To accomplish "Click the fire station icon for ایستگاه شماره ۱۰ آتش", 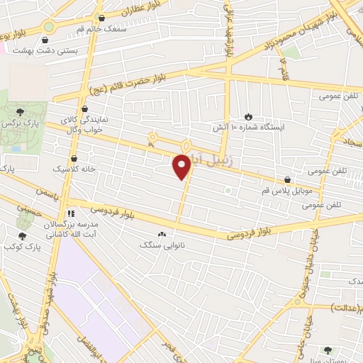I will coord(248,116).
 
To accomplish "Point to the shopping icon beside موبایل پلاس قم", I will coord(287,180).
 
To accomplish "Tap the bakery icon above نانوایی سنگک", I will coord(162,234).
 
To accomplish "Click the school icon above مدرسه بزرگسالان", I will coord(70,213).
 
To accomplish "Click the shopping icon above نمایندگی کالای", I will coord(86,110).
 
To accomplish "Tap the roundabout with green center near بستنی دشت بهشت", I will coord(48,27).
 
